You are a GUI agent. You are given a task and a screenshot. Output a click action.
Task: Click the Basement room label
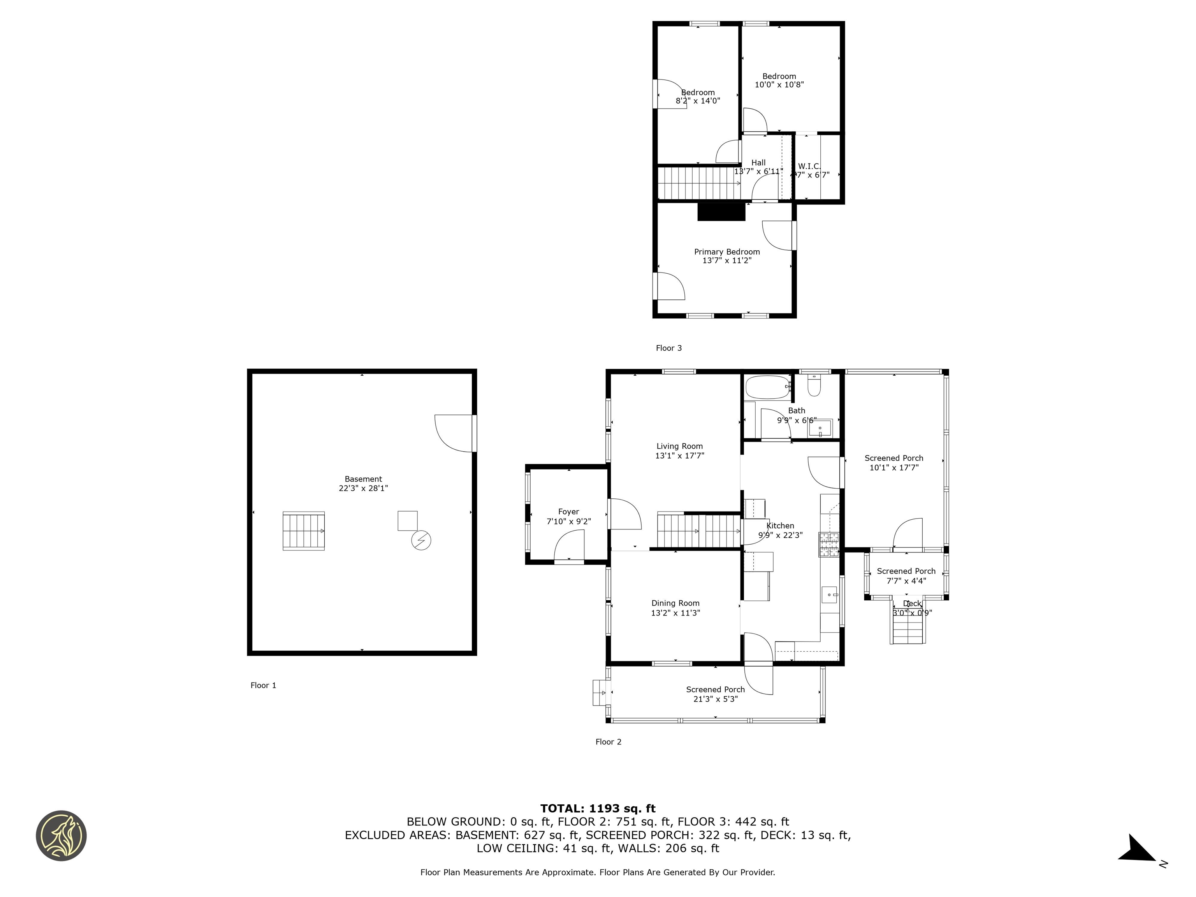pos(363,479)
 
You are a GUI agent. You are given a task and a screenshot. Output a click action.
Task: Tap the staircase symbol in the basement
pos(303,531)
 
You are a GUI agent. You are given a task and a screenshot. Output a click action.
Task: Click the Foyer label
pos(568,512)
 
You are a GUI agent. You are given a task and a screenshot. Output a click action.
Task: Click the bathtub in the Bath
pos(767,387)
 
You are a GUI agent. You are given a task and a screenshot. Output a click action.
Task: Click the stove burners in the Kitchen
pos(829,545)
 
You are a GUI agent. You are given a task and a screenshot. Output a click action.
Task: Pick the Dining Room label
pos(675,603)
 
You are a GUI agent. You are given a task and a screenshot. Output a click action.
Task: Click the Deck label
pos(912,603)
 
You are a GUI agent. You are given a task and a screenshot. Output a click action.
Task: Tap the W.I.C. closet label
pos(809,166)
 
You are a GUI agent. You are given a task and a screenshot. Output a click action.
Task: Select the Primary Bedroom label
pos(727,252)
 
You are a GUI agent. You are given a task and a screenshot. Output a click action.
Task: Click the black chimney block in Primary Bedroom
pos(721,211)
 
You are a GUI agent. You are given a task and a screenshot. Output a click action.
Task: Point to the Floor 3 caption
pos(669,348)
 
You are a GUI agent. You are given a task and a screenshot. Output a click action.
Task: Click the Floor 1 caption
pos(263,685)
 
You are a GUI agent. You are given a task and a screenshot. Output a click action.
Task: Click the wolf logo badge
pos(61,835)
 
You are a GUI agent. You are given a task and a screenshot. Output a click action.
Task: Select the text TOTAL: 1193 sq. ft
pos(598,808)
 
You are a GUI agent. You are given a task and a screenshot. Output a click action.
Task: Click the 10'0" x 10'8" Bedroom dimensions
pos(779,84)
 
